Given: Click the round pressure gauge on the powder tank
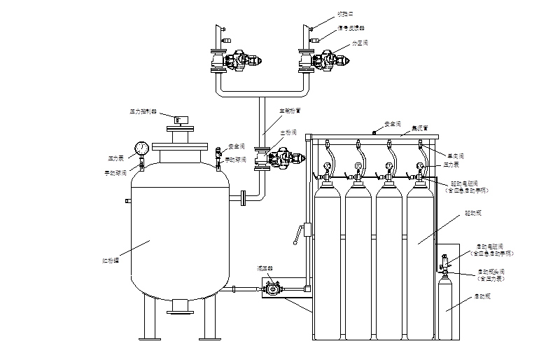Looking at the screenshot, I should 142,148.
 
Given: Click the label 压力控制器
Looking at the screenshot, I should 143,111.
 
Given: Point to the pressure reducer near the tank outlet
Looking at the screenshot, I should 272,287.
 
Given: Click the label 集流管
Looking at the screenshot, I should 419,127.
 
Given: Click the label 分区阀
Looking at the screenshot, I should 361,43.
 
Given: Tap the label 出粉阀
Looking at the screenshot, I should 288,132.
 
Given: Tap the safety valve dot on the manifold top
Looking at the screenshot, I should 374,131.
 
